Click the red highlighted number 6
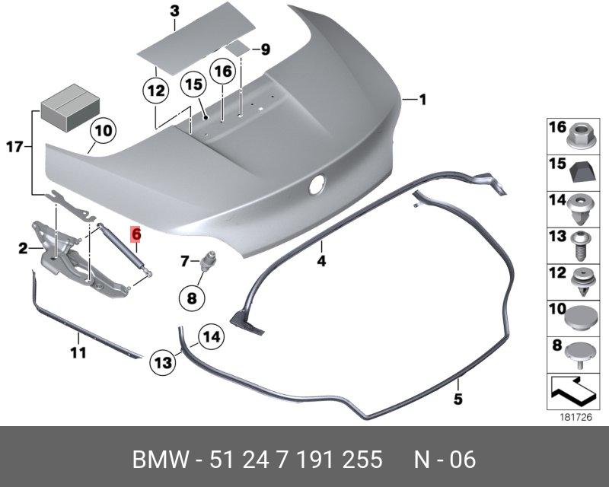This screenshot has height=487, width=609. coord(136,234)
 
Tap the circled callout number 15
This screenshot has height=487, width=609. coord(194,84)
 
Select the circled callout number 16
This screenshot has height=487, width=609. coord(222,72)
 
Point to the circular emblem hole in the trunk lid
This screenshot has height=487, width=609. coord(317,184)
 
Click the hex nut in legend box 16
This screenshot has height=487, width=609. coord(579,137)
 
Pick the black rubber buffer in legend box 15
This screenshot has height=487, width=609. coord(582,172)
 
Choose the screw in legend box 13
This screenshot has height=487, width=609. coord(582,245)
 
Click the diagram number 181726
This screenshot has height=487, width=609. coord(576,418)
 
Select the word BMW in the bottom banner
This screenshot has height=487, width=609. coord(161,460)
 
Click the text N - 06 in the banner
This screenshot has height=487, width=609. coord(445,460)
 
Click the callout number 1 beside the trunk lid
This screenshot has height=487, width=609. coord(422,100)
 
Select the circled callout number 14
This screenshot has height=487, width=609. coord(212,336)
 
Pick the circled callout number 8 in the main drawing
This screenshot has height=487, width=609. coord(192,298)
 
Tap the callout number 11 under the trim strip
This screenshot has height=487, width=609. coord(78,353)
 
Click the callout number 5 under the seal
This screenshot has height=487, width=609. coord(458,399)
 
